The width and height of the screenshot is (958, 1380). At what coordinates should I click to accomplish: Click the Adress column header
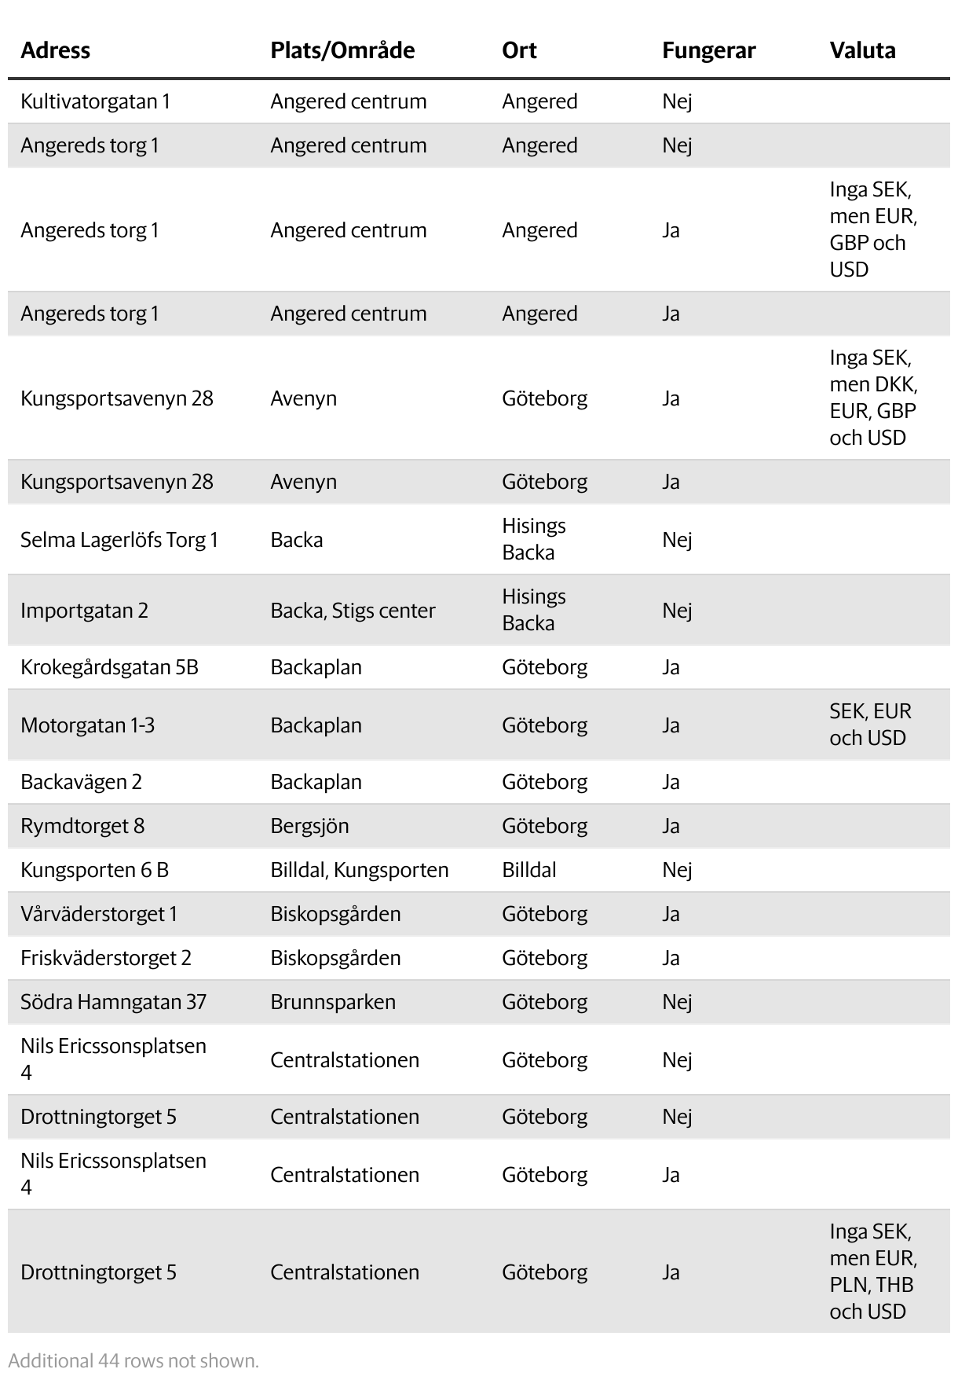(55, 50)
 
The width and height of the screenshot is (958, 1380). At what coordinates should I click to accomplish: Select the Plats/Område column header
(342, 50)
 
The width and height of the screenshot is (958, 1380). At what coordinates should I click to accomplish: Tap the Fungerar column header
(708, 50)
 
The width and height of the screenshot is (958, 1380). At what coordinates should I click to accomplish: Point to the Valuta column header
(862, 50)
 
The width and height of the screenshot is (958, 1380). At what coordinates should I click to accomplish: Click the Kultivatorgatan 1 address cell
(95, 101)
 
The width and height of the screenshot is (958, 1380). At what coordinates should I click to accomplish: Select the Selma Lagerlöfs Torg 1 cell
(119, 540)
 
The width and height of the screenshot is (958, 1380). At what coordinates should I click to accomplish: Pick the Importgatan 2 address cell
(84, 611)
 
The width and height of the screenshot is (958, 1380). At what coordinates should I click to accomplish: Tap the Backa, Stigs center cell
(353, 611)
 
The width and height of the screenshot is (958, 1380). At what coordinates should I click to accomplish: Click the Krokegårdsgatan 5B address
(109, 667)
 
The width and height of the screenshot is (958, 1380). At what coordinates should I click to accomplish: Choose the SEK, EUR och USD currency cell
(870, 725)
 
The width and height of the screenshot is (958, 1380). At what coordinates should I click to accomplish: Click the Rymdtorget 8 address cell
(82, 826)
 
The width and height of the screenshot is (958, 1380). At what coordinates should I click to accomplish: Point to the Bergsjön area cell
(309, 826)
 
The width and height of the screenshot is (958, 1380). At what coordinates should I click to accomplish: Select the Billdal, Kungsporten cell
(360, 870)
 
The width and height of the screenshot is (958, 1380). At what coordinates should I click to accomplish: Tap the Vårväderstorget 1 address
(99, 914)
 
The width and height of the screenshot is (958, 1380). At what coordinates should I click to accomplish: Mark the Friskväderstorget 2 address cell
(106, 958)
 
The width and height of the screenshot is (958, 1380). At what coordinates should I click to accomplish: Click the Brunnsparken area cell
(333, 1002)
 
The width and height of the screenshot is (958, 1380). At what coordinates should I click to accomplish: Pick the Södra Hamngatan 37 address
(113, 1002)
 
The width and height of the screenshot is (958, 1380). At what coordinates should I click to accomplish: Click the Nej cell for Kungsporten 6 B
(677, 870)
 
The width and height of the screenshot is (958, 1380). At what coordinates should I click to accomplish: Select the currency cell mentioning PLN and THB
(872, 1272)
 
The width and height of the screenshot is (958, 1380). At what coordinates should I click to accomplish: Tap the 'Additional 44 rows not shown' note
(133, 1360)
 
